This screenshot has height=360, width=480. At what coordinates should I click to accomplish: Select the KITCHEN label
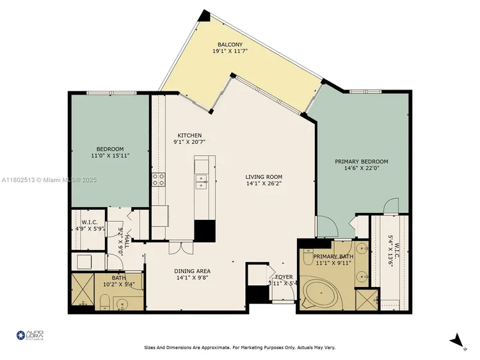189,136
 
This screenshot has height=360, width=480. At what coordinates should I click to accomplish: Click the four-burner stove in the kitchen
159,180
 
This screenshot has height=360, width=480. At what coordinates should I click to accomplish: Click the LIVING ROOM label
264,177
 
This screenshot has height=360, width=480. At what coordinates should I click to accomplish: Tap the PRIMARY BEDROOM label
362,162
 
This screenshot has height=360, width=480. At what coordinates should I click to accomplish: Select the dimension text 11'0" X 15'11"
110,155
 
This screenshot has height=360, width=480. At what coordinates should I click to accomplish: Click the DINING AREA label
192,271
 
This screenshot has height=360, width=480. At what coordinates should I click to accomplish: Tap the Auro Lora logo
29,336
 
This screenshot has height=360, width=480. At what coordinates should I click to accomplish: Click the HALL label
127,240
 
